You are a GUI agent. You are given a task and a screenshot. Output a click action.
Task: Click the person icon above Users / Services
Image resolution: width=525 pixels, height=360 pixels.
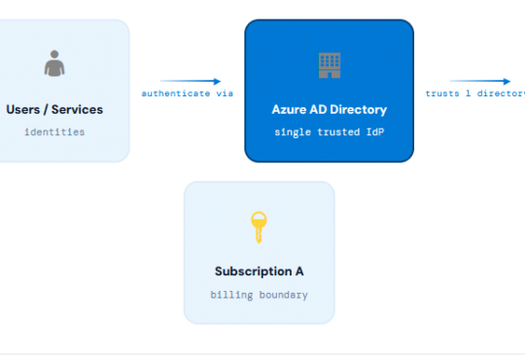click(54, 64)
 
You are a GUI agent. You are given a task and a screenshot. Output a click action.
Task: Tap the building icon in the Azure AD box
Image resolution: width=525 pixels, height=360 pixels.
click(330, 65)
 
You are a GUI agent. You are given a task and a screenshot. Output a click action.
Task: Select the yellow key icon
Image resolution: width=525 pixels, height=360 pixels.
click(259, 228)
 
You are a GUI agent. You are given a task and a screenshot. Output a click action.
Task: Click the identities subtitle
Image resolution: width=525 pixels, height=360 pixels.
click(54, 131)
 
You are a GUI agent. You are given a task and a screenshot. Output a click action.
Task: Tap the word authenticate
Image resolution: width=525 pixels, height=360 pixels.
click(175, 94)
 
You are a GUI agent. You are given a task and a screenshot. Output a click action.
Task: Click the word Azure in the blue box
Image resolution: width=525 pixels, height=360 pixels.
click(288, 110)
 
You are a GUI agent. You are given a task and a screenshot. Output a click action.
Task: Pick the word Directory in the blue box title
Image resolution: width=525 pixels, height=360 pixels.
click(358, 110)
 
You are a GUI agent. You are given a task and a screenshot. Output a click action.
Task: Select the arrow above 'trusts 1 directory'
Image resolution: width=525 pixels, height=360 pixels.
click(480, 82)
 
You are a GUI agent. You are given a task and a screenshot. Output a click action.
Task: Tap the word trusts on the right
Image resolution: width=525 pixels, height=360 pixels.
click(442, 94)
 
